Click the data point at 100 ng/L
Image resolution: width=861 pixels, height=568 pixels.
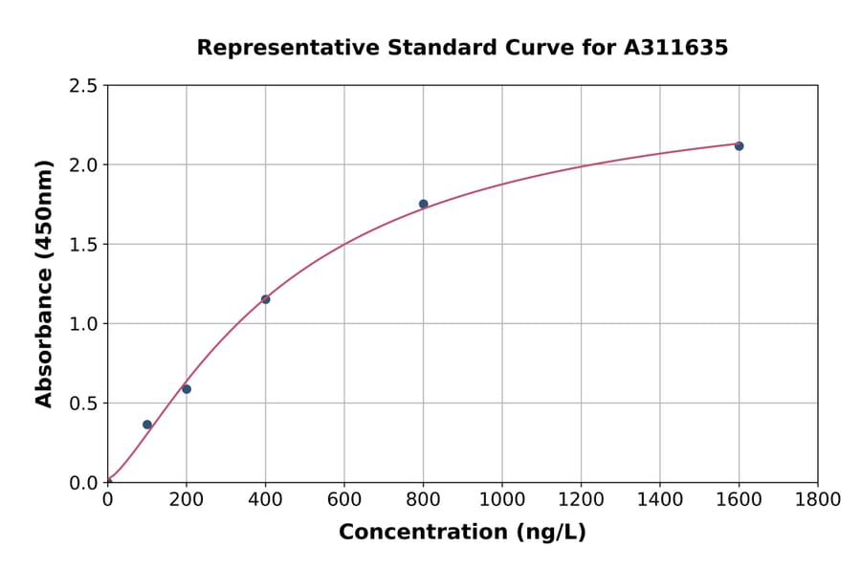point(147,425)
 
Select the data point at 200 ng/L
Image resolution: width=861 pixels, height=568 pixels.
point(187,389)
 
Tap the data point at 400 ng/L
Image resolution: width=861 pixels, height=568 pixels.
point(265,299)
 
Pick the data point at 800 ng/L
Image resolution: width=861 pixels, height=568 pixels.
point(423,204)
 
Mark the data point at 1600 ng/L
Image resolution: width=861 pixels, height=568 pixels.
point(739,146)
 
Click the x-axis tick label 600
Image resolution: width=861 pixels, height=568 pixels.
point(343,499)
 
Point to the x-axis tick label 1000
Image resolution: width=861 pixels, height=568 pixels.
point(501,499)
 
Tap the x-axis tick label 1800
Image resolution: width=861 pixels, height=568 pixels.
point(817,499)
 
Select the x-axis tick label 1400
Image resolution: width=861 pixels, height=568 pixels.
point(659,499)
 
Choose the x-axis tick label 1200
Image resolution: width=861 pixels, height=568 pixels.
point(581,499)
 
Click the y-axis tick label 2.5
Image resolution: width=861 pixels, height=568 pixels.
point(82,86)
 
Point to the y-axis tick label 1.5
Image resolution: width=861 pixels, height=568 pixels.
point(82,245)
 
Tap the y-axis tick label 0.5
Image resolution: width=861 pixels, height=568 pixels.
point(82,404)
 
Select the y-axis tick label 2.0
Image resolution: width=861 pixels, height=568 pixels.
point(82,165)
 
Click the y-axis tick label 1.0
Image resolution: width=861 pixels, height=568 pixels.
point(82,324)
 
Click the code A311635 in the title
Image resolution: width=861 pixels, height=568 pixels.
point(676,48)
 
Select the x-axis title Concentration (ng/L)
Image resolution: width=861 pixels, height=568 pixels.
point(462,533)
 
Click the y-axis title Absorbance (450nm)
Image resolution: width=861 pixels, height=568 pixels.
point(44,283)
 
